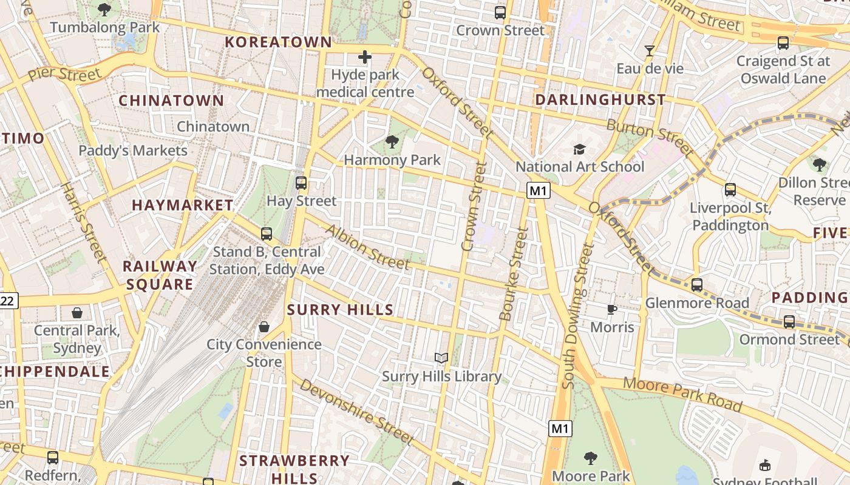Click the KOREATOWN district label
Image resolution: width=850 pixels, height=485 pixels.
[279, 42]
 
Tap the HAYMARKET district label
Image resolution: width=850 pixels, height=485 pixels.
[183, 206]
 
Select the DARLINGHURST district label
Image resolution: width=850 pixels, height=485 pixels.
[600, 99]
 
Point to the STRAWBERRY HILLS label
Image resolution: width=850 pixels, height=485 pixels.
[294, 469]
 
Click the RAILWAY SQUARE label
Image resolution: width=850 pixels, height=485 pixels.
[160, 275]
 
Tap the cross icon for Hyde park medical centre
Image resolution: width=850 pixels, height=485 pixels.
[364, 57]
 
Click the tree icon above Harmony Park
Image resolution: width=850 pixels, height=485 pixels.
[392, 142]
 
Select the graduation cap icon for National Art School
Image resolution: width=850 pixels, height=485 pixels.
[579, 149]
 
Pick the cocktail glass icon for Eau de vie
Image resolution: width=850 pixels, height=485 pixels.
[650, 51]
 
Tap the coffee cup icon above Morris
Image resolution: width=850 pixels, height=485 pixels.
[612, 310]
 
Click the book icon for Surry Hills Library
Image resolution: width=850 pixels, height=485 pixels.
[441, 358]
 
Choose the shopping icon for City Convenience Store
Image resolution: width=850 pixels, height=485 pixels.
[264, 327]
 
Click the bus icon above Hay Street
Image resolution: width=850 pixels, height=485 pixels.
[301, 182]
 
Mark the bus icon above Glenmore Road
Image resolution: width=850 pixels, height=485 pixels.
[697, 285]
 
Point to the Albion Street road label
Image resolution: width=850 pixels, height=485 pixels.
[367, 247]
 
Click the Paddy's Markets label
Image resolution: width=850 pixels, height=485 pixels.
[133, 150]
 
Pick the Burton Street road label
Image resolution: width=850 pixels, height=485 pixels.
[650, 137]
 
